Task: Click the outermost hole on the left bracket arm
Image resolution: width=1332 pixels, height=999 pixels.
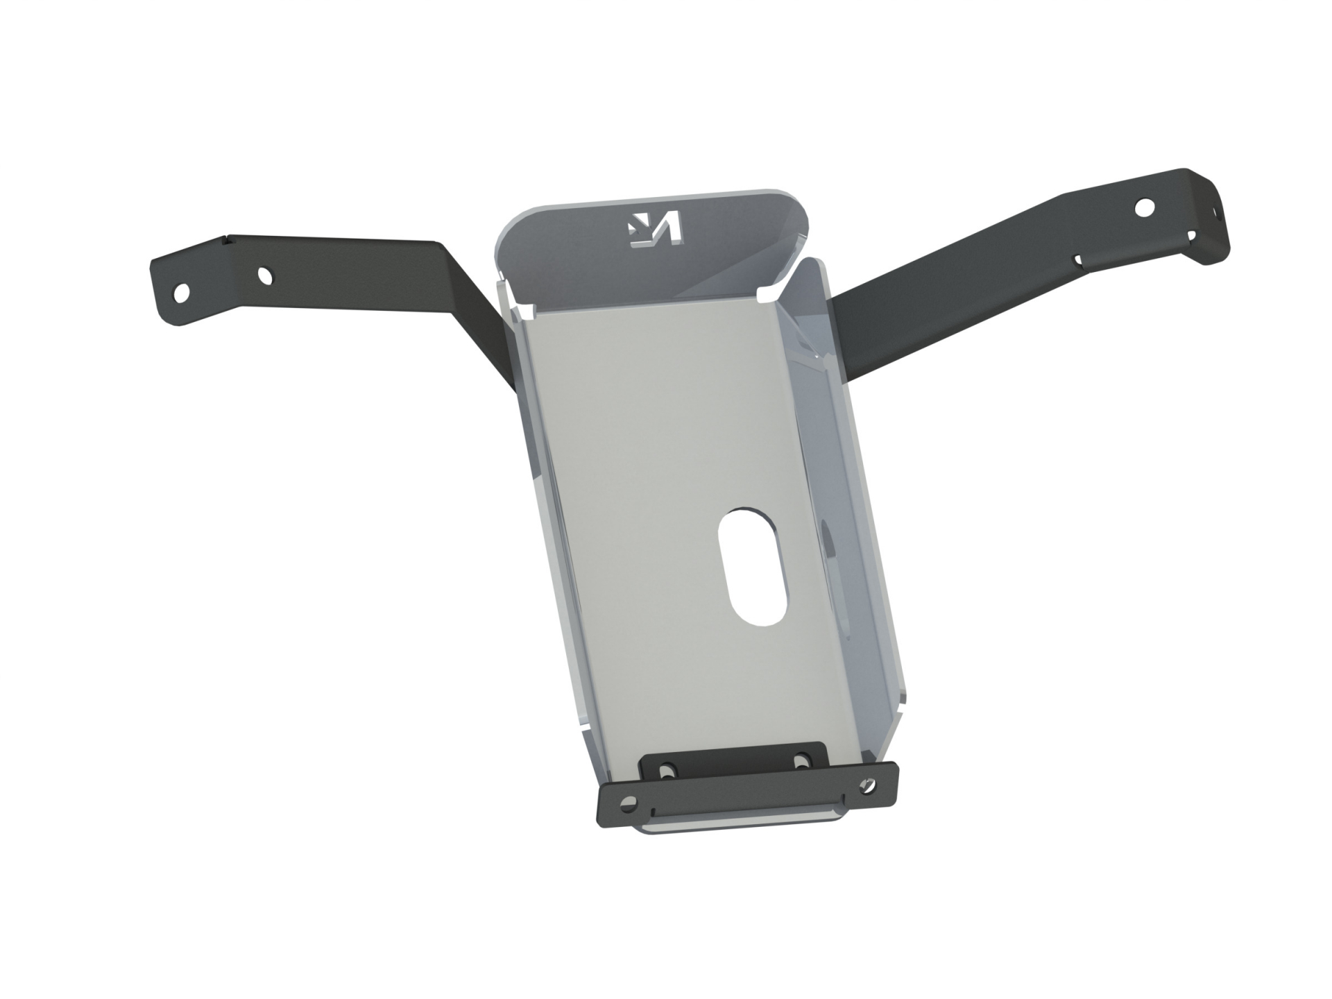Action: (181, 291)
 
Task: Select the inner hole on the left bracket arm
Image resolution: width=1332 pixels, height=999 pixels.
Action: (264, 276)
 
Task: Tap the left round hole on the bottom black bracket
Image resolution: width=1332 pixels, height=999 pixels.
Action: (629, 802)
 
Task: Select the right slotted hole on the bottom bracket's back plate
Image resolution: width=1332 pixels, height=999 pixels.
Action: (803, 758)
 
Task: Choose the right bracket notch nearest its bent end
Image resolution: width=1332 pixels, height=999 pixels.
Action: (1190, 237)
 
